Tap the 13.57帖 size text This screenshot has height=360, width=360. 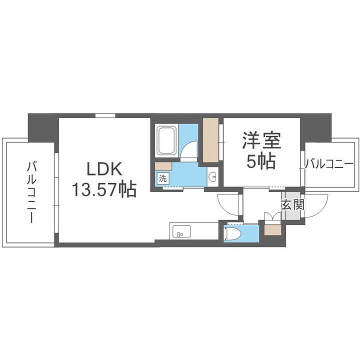[104, 189]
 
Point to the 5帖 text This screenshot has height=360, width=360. [261, 161]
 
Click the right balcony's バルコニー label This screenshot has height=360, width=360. [328, 163]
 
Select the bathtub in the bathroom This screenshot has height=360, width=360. [167, 141]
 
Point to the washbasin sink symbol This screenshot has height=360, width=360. [213, 176]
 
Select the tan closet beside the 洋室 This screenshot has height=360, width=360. [210, 139]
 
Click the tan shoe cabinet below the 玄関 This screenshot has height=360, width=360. [272, 230]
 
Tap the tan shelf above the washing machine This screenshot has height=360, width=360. [162, 166]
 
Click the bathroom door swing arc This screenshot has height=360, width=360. [190, 150]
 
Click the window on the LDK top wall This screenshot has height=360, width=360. [105, 115]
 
